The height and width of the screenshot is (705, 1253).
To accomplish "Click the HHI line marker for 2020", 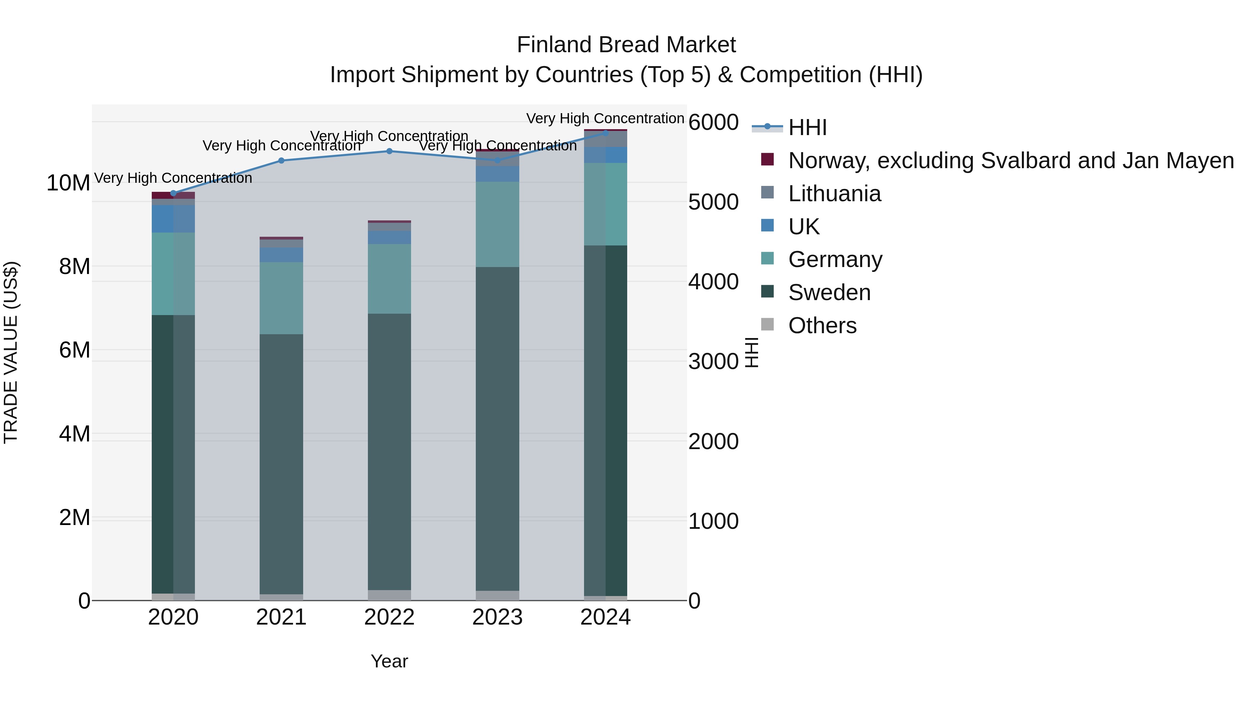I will click(x=173, y=193).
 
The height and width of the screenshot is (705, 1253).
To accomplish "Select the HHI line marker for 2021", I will click(x=281, y=160).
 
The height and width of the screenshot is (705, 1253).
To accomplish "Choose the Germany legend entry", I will click(x=835, y=259).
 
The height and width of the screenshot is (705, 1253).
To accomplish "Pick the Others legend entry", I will click(x=822, y=326).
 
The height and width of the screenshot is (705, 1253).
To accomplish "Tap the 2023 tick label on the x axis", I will click(x=497, y=617).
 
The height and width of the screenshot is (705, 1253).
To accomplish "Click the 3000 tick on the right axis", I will click(x=713, y=361).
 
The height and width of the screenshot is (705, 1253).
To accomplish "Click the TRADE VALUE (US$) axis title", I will click(x=11, y=352).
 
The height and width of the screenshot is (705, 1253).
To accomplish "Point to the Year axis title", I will click(x=389, y=661).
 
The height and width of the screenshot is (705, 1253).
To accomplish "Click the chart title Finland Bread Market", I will click(x=626, y=45).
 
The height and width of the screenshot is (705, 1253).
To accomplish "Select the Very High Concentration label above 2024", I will click(x=605, y=118).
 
